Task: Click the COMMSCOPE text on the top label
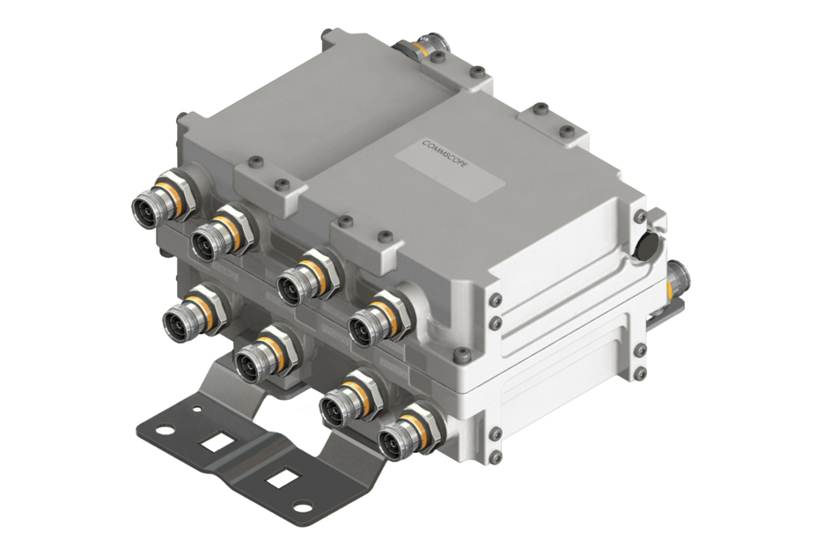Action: tap(446, 156)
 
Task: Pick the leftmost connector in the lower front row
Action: tap(195, 313)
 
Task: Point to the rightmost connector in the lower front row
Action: tap(409, 432)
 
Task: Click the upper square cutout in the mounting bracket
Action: tap(215, 441)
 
